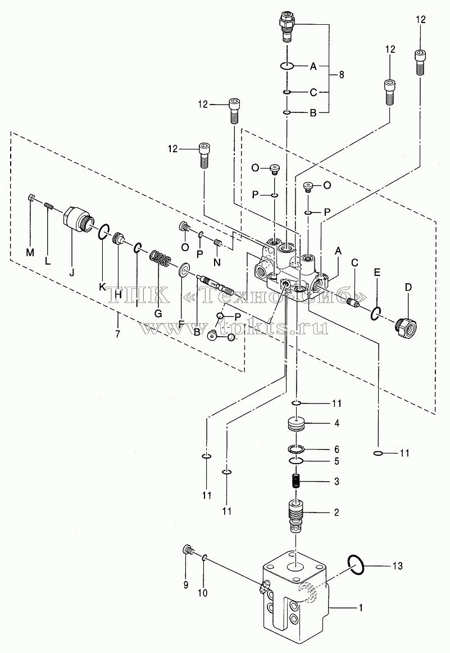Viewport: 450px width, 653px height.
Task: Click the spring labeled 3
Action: (296, 482)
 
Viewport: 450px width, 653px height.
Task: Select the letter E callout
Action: (377, 273)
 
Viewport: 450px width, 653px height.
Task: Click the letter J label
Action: (71, 273)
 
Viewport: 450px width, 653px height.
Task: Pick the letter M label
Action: (30, 252)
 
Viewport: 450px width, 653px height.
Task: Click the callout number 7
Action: (118, 333)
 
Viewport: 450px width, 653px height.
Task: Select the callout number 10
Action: (202, 593)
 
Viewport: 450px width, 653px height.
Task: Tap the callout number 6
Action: (337, 449)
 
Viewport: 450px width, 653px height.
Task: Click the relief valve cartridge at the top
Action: (287, 26)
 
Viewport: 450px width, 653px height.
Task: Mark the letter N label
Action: (217, 262)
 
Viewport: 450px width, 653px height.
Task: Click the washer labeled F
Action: (183, 269)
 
